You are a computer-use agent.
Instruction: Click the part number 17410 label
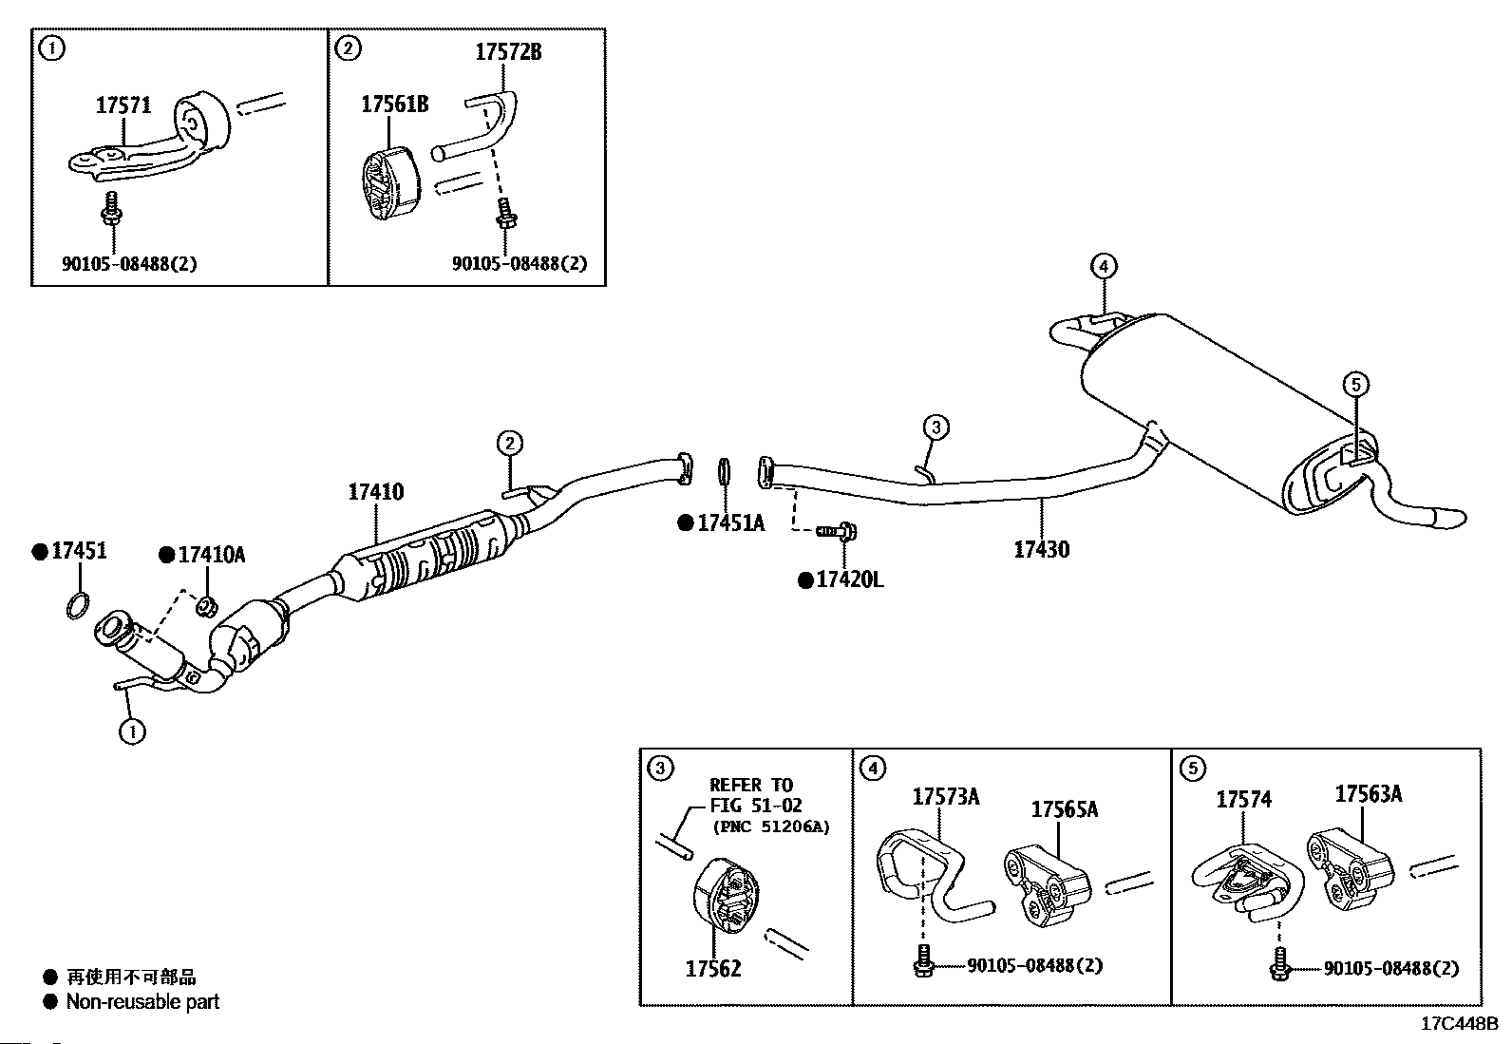coord(376,492)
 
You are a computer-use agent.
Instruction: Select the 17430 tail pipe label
coord(1042,550)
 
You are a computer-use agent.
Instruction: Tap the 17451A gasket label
coord(731,522)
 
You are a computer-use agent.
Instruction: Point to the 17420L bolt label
coord(850,579)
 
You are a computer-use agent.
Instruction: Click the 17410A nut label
coord(211,555)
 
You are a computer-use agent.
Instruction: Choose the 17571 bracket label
coord(123,104)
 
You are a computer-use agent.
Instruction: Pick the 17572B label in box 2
coord(508,52)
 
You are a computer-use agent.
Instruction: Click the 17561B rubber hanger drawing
coord(389,183)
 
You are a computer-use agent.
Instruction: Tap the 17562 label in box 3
coord(713,968)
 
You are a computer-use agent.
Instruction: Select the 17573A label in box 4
coord(946,797)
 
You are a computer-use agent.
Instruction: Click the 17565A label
coord(1065,809)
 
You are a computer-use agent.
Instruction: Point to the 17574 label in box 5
coord(1244,800)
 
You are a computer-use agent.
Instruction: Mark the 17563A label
coord(1369,793)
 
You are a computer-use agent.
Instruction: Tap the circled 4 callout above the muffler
coord(1104,267)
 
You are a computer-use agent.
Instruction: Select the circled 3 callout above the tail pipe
coord(936,427)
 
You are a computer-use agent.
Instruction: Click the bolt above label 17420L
coord(837,531)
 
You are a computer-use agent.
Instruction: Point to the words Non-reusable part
coord(143,1001)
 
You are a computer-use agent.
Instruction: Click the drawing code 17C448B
coord(1460,1024)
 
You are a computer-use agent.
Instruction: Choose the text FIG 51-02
coord(755,805)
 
